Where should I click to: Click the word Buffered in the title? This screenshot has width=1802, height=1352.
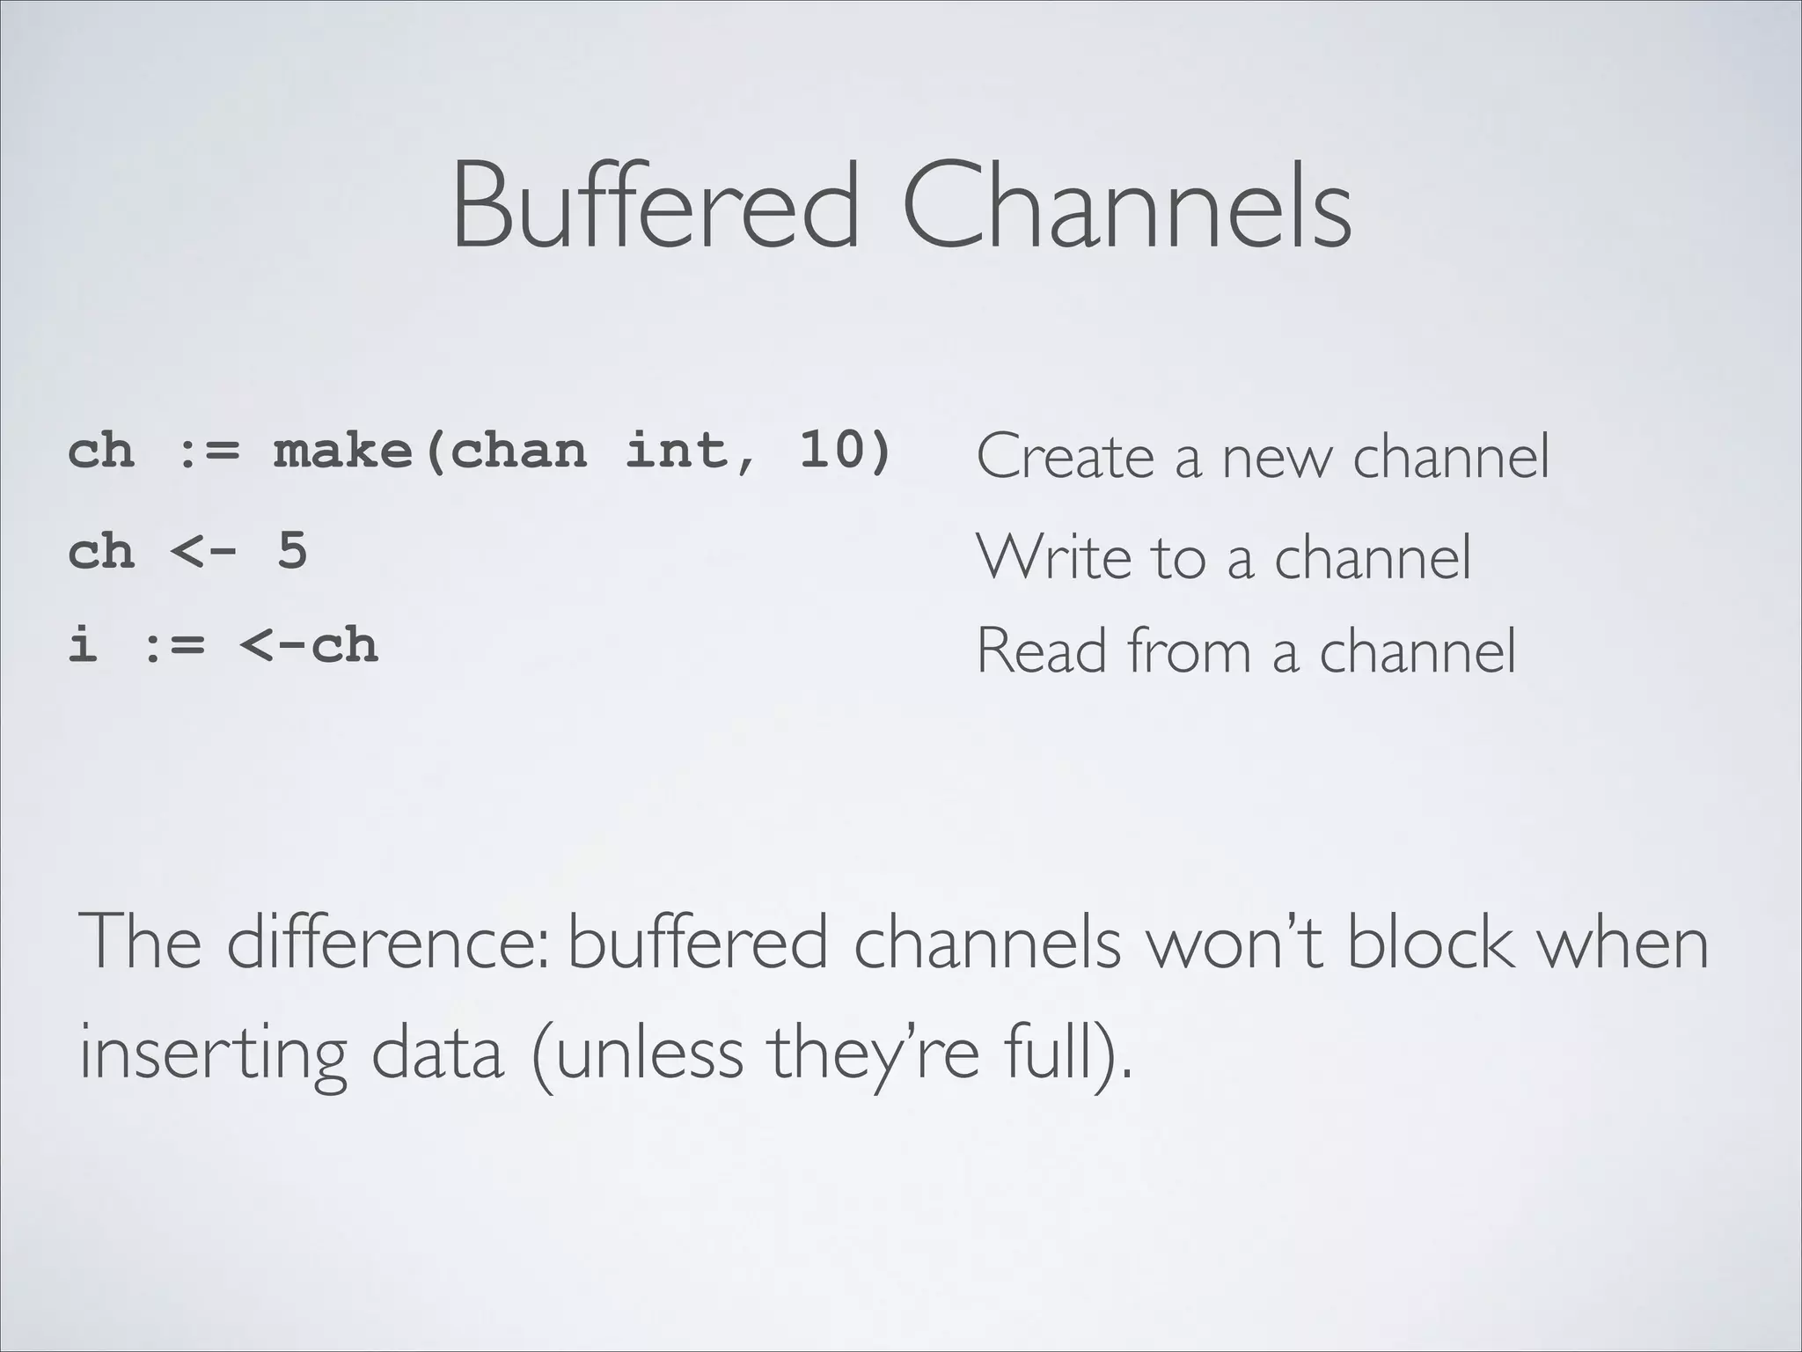point(656,204)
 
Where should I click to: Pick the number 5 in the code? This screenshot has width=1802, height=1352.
point(292,552)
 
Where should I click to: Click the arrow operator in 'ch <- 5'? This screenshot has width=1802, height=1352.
point(203,553)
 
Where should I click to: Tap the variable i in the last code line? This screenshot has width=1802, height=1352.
point(83,645)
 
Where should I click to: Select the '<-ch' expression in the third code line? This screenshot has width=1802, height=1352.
point(309,645)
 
